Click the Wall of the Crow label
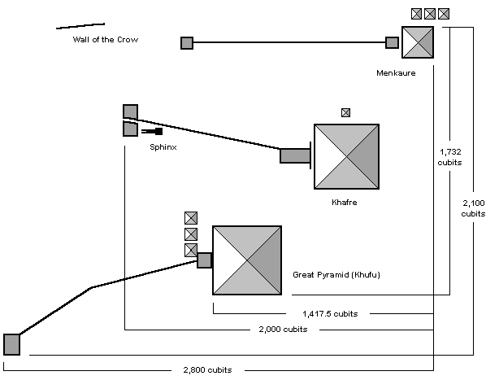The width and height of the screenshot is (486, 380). (106, 40)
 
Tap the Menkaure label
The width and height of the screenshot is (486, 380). (396, 73)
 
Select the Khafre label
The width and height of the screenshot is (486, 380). (345, 203)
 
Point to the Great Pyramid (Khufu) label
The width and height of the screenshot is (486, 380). (336, 275)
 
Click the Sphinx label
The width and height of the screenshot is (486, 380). (163, 147)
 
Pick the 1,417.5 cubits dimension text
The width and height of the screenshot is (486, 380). (330, 314)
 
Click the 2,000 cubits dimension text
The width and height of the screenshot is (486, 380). (283, 329)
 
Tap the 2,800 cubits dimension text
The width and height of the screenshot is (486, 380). (207, 369)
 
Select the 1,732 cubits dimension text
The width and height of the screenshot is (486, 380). (449, 157)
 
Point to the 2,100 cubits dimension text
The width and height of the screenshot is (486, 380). (473, 208)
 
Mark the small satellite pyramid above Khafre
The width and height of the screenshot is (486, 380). (346, 112)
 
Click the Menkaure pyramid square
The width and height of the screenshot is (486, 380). (418, 42)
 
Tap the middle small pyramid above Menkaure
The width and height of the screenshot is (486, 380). (430, 14)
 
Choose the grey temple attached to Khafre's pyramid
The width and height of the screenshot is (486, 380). (295, 155)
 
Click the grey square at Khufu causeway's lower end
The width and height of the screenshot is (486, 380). (11, 344)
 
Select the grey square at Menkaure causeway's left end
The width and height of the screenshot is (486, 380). (187, 43)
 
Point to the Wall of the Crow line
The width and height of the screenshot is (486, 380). (80, 26)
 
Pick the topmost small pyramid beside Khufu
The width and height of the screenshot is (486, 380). (191, 218)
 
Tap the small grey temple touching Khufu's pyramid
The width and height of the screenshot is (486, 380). (204, 260)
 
